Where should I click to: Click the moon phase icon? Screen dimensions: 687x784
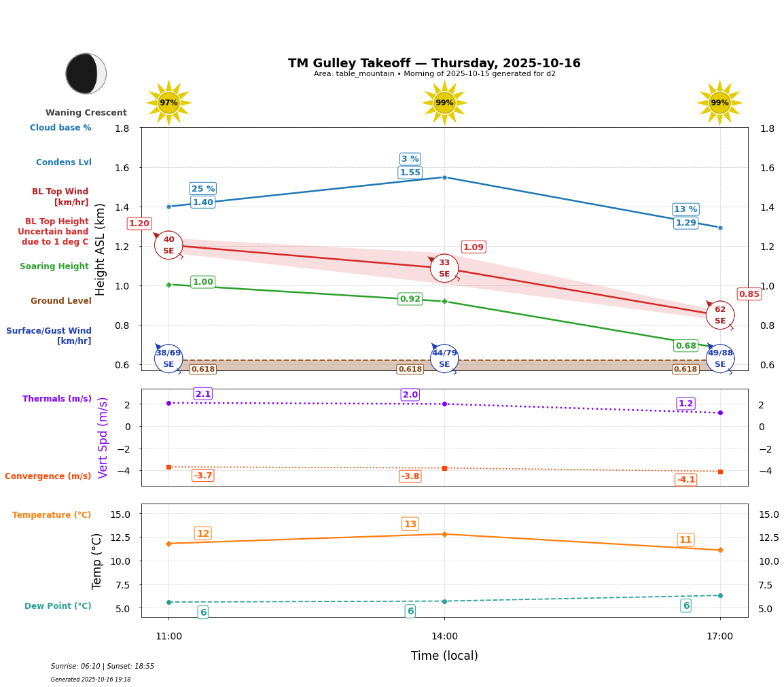86,73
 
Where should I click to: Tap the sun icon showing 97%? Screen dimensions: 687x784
168,103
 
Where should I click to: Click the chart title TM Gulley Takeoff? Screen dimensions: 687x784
434,63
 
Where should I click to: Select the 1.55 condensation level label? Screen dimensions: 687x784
410,173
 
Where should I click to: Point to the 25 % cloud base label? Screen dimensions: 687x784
202,189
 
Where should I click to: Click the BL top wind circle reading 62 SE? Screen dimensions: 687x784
719,315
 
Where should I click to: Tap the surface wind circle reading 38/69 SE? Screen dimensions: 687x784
168,359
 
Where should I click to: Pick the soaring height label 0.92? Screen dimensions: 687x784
410,299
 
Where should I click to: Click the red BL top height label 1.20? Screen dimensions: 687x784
139,224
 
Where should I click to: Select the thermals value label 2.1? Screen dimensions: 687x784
202,394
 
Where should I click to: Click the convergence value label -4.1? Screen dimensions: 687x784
685,480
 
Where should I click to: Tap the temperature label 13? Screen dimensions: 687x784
410,524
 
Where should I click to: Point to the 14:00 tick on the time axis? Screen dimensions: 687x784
444,636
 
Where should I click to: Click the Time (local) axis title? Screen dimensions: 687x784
444,656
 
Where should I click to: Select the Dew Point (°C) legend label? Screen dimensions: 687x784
58,606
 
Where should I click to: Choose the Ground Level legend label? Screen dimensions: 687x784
60,301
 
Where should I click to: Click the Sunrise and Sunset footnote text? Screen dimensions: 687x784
103,667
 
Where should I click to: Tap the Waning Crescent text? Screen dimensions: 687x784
86,113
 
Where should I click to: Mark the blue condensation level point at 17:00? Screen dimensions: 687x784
720,228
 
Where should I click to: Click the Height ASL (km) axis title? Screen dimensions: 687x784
101,249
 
